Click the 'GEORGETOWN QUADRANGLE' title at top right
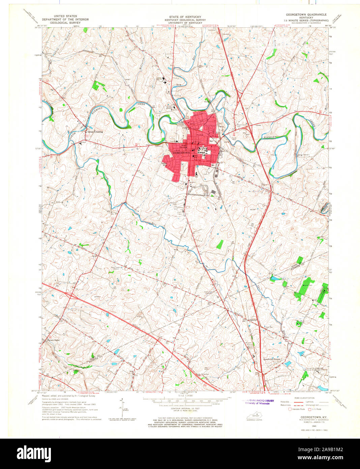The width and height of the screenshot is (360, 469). (306, 15)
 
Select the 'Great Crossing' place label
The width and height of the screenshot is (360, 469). (95, 132)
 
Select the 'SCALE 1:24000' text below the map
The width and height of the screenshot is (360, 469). (186, 405)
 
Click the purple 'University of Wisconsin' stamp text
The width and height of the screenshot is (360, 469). (257, 403)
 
